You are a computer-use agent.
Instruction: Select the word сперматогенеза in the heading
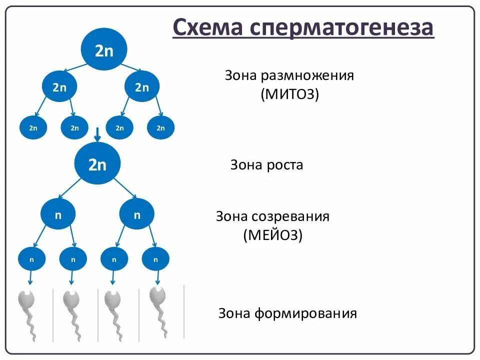coord(339,28)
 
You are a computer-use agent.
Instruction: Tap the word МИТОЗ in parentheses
coord(289,94)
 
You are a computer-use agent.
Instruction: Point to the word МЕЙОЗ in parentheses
coord(273,235)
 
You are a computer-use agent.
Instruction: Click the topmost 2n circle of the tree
coord(104,50)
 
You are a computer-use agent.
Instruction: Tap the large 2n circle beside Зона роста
coord(97,164)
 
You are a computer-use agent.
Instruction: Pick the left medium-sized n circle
coord(58,215)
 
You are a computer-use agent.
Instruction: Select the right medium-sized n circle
coord(137,215)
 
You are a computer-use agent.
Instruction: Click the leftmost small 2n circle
coord(33,128)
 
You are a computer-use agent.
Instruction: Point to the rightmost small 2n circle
coord(160,128)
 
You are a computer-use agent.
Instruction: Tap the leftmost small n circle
coord(32,259)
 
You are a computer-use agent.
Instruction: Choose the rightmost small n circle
coord(155,259)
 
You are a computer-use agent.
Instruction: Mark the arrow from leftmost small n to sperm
coord(31,278)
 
